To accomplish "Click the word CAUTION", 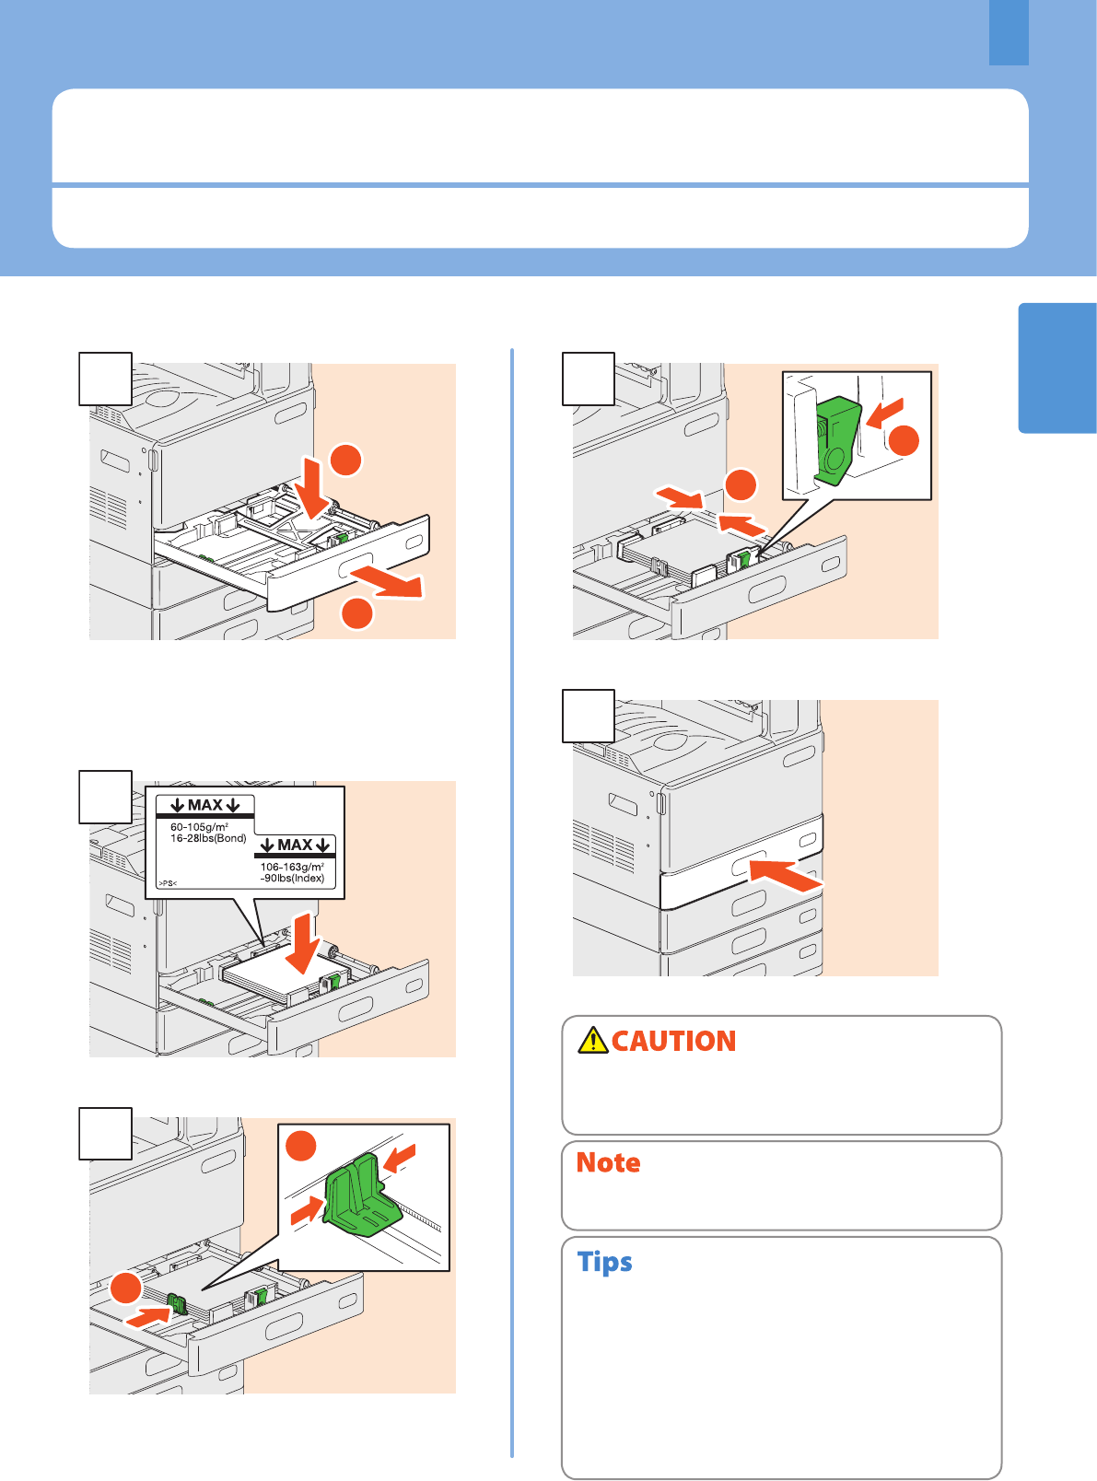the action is click(673, 1041).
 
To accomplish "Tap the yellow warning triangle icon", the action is click(593, 1041).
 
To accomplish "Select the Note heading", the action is click(608, 1162).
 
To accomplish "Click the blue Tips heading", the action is click(604, 1262).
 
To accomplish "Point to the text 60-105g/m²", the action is click(199, 827).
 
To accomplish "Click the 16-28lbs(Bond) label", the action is click(208, 838).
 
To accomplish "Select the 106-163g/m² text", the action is click(292, 867).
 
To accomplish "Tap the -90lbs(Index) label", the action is click(292, 878).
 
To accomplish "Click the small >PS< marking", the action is click(168, 883).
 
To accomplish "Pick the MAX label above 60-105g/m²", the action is click(205, 805).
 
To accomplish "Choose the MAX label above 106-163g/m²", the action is click(295, 845).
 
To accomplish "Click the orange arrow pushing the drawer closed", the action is click(787, 875).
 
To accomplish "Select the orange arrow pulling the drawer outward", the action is click(388, 580).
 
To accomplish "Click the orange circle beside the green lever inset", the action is click(904, 440).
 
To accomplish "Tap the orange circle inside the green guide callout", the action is click(300, 1145).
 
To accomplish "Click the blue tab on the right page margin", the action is click(1057, 367).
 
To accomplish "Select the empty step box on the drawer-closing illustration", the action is click(589, 716).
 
